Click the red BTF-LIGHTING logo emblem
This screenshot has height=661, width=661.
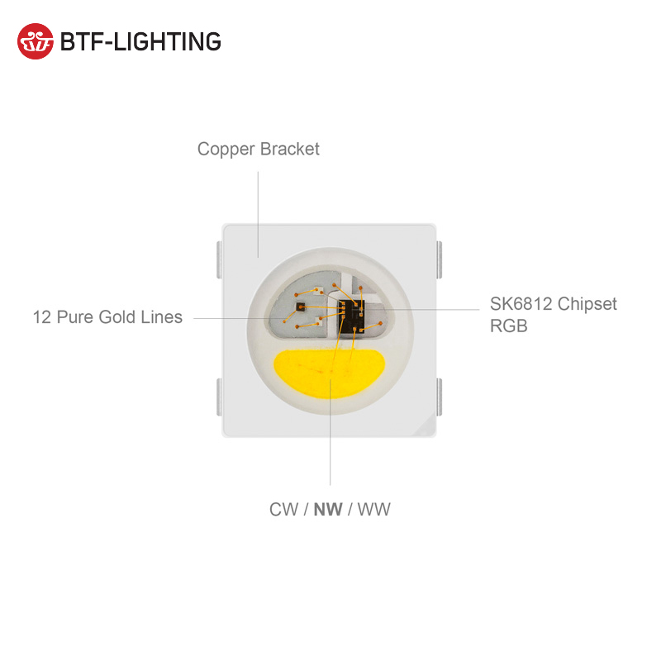point(36,40)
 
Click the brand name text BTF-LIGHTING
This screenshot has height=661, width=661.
point(140,41)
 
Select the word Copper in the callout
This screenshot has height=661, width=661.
point(226,150)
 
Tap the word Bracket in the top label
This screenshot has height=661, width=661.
point(289,150)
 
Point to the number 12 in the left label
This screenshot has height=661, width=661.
point(42,317)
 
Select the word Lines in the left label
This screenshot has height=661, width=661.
point(162,317)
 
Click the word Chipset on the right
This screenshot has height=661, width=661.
point(587,304)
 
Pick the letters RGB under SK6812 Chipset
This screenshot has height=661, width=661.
point(508,326)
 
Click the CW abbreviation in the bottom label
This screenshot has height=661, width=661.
point(283,509)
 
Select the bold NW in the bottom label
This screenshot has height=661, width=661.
point(328,509)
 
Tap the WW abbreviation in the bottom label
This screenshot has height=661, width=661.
point(373,509)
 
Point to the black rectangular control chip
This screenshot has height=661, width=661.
point(350,313)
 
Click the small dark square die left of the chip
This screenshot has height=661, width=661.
point(299,306)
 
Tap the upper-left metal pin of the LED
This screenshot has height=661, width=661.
point(217,259)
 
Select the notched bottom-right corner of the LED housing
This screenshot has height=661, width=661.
point(429,427)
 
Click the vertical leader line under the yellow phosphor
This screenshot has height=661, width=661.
point(330,446)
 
